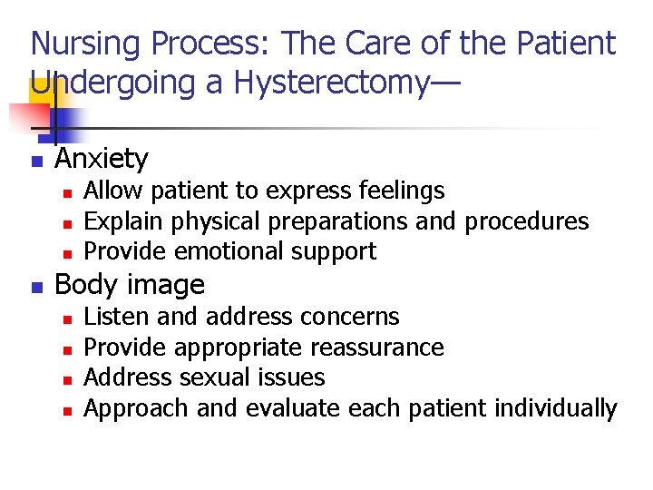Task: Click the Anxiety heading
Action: (102, 160)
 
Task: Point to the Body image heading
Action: (130, 285)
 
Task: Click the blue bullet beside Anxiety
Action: (36, 162)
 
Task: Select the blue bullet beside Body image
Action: (36, 287)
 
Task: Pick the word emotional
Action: (217, 251)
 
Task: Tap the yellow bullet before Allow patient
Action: (67, 192)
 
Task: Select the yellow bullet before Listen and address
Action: (67, 318)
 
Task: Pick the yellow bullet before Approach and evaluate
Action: (67, 410)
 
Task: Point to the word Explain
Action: (118, 221)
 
